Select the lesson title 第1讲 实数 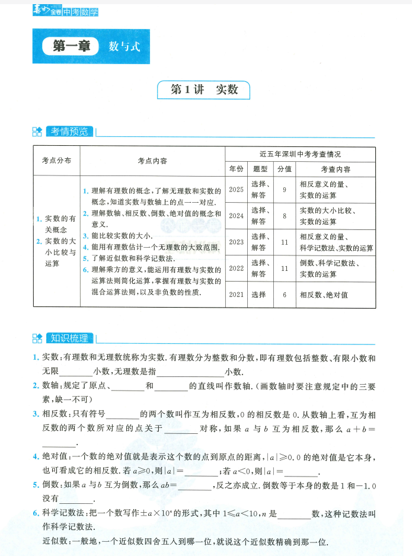pos(204,90)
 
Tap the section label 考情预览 pos(69,131)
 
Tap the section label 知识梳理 pos(69,338)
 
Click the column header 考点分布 pos(56,160)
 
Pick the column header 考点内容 pos(152,160)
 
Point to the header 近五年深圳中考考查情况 pos(300,154)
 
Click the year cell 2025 pos(236,189)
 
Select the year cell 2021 pos(236,294)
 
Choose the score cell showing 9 pos(285,189)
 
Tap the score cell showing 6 pos(285,294)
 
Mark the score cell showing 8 pos(285,216)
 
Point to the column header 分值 pos(285,168)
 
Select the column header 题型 pos(261,168)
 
